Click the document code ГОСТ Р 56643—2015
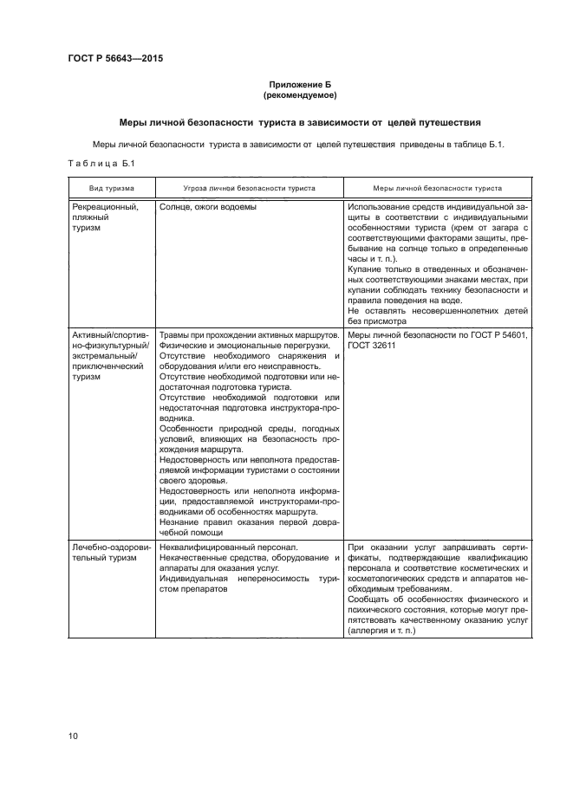point(115,59)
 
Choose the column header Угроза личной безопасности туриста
point(249,188)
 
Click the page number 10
point(73,736)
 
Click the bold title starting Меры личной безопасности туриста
point(300,123)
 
